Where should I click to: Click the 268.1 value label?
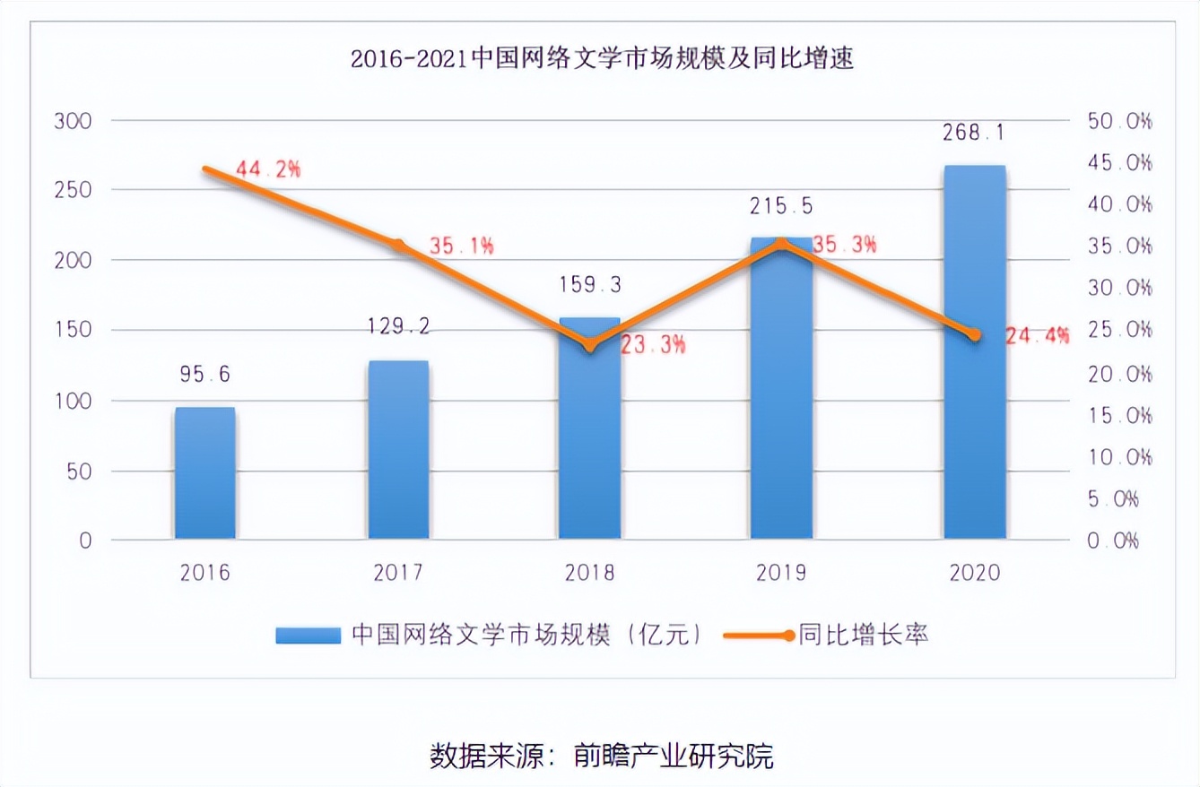click(x=973, y=134)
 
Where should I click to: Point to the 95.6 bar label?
click(x=204, y=375)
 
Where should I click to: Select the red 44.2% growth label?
click(x=267, y=169)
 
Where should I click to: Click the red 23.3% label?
click(x=654, y=344)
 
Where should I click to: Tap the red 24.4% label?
click(x=1038, y=336)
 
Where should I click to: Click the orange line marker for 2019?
click(x=781, y=243)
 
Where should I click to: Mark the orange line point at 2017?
click(x=398, y=245)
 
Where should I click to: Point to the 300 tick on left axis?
click(x=73, y=121)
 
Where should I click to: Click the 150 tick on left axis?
click(x=73, y=331)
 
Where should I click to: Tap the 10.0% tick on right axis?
click(x=1119, y=457)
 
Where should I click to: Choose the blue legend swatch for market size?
click(x=308, y=636)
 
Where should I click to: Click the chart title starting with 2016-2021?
click(x=601, y=60)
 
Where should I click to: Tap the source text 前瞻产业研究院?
click(x=673, y=756)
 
